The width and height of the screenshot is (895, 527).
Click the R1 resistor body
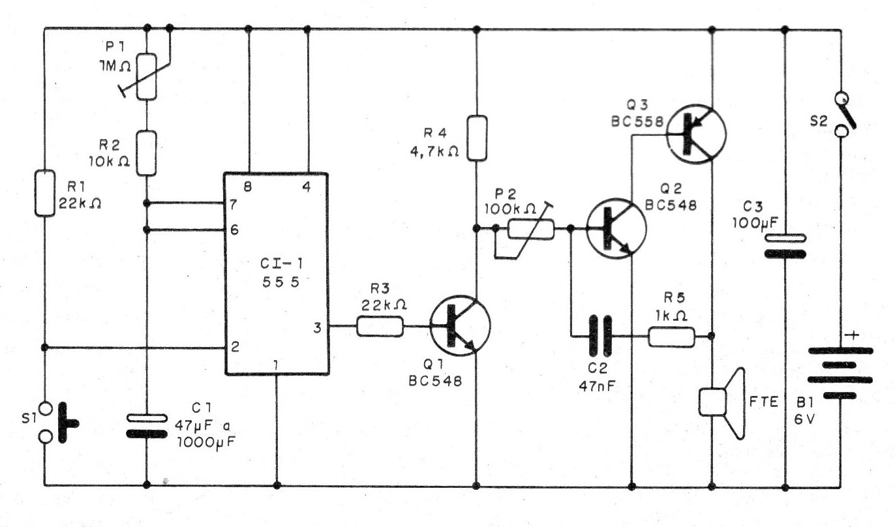[45, 193]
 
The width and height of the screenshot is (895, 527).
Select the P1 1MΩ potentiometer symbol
[147, 76]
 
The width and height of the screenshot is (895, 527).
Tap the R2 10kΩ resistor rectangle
[146, 153]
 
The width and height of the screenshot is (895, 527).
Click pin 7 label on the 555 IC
[232, 204]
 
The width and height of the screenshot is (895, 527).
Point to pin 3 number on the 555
[317, 327]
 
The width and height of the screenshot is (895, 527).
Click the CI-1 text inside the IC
[282, 263]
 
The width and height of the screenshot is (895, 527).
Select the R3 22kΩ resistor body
[380, 326]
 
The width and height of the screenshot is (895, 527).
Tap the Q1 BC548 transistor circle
[460, 325]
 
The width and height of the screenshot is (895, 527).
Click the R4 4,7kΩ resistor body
[477, 138]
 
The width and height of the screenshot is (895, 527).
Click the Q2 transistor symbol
[616, 228]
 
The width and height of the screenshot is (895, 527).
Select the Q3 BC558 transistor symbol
[697, 134]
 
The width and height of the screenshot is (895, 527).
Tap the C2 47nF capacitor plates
[600, 336]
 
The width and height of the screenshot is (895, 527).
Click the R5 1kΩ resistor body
[672, 337]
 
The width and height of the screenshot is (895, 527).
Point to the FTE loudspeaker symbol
[722, 402]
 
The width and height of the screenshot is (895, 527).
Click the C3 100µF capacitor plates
[785, 246]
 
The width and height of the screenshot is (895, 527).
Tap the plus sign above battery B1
[853, 335]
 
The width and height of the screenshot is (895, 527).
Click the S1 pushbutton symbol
[58, 423]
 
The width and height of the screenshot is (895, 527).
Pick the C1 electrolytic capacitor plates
[147, 426]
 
